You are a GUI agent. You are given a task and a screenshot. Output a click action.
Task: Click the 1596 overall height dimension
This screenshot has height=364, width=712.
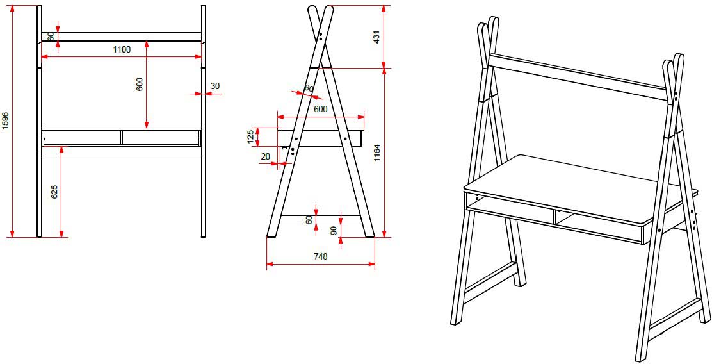[6, 121]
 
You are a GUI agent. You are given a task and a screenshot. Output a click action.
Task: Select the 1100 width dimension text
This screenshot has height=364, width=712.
[122, 49]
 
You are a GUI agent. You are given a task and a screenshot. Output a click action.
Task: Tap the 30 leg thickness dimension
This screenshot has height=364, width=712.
[214, 86]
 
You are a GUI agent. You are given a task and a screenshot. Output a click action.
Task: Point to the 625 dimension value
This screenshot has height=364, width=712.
[54, 192]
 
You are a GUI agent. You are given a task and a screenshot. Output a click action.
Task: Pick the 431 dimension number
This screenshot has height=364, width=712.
[377, 37]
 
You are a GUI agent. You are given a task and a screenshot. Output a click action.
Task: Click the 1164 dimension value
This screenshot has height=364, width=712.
[377, 153]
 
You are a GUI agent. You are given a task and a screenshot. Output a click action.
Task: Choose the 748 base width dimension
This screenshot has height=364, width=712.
[320, 256]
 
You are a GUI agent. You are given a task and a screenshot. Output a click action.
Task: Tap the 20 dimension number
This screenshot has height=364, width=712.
[265, 156]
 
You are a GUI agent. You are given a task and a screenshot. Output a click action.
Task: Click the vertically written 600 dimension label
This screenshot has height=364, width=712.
[140, 84]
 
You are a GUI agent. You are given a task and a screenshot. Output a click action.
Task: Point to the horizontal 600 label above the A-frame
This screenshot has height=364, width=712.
[320, 109]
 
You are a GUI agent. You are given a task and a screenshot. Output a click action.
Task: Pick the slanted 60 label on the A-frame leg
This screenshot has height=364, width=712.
[309, 88]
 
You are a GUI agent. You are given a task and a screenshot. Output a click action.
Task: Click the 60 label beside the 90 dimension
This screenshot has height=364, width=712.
[309, 219]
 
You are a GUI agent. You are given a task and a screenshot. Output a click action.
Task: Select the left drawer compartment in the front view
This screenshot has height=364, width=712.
[81, 137]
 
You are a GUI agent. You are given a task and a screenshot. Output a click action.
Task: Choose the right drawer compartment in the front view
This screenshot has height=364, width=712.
[160, 137]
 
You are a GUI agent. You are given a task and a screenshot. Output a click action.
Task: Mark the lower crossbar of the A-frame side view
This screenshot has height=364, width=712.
[320, 219]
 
